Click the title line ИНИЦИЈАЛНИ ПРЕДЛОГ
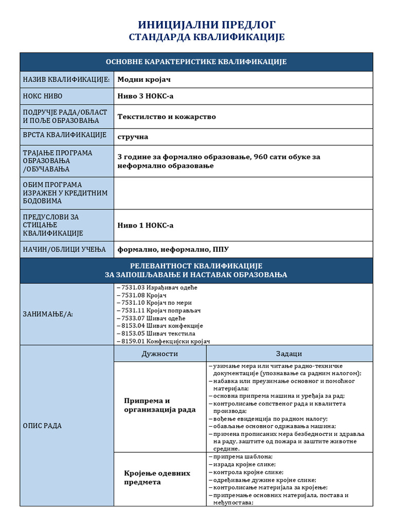coord(207,25)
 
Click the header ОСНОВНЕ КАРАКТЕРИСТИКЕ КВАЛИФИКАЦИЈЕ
coord(196,62)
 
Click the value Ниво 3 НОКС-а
coord(146,96)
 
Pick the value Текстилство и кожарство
coord(167,117)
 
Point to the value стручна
coord(133,137)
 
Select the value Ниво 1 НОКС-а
coord(146,225)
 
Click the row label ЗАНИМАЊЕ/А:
coord(48,314)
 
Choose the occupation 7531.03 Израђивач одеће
coord(157,288)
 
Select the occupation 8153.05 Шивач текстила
coord(156,333)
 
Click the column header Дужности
coord(159,354)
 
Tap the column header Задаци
coord(289,354)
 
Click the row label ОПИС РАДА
coord(43,426)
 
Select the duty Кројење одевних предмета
coord(157,478)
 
